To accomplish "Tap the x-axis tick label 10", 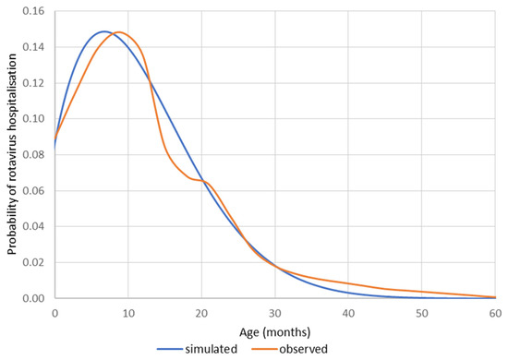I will pyautogui.click(x=128, y=313).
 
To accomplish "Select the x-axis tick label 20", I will pyautogui.click(x=201, y=313).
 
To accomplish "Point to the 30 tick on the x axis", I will pyautogui.click(x=275, y=313).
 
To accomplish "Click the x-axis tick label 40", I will pyautogui.click(x=348, y=313).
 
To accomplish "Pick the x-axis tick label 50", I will pyautogui.click(x=421, y=313).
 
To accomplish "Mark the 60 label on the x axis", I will pyautogui.click(x=495, y=313).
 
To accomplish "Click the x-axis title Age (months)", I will pyautogui.click(x=274, y=330).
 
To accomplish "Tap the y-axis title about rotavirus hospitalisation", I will pyautogui.click(x=10, y=154).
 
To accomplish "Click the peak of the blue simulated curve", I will pyautogui.click(x=103, y=31).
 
